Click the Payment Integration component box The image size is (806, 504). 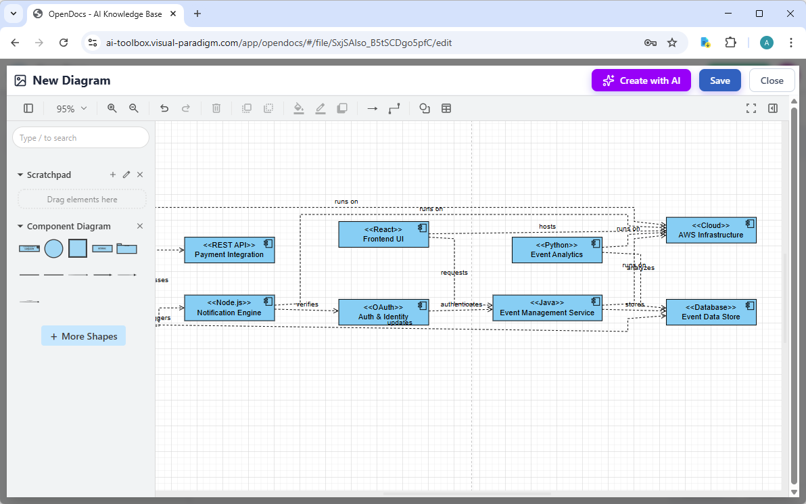click(x=229, y=250)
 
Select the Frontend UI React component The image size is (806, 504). click(x=383, y=234)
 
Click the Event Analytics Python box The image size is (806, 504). click(x=556, y=250)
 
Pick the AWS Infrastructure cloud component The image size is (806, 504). click(x=711, y=230)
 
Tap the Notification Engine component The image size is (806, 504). click(x=229, y=308)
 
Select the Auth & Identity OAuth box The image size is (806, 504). click(x=383, y=312)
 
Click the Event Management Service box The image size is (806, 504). click(x=547, y=308)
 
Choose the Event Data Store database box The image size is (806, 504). click(x=711, y=312)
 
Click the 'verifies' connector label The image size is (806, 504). click(x=307, y=304)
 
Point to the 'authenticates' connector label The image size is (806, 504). click(x=461, y=304)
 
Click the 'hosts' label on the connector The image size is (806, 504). click(x=547, y=227)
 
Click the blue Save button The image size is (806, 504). click(x=719, y=81)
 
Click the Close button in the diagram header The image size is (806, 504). click(x=772, y=81)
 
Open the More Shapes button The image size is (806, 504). click(x=83, y=336)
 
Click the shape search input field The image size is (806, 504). click(x=80, y=138)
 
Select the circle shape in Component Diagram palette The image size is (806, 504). click(x=53, y=249)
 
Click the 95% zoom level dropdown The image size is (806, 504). click(x=71, y=108)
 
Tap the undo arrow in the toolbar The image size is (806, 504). click(x=164, y=108)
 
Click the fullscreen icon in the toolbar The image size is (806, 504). click(x=751, y=108)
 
